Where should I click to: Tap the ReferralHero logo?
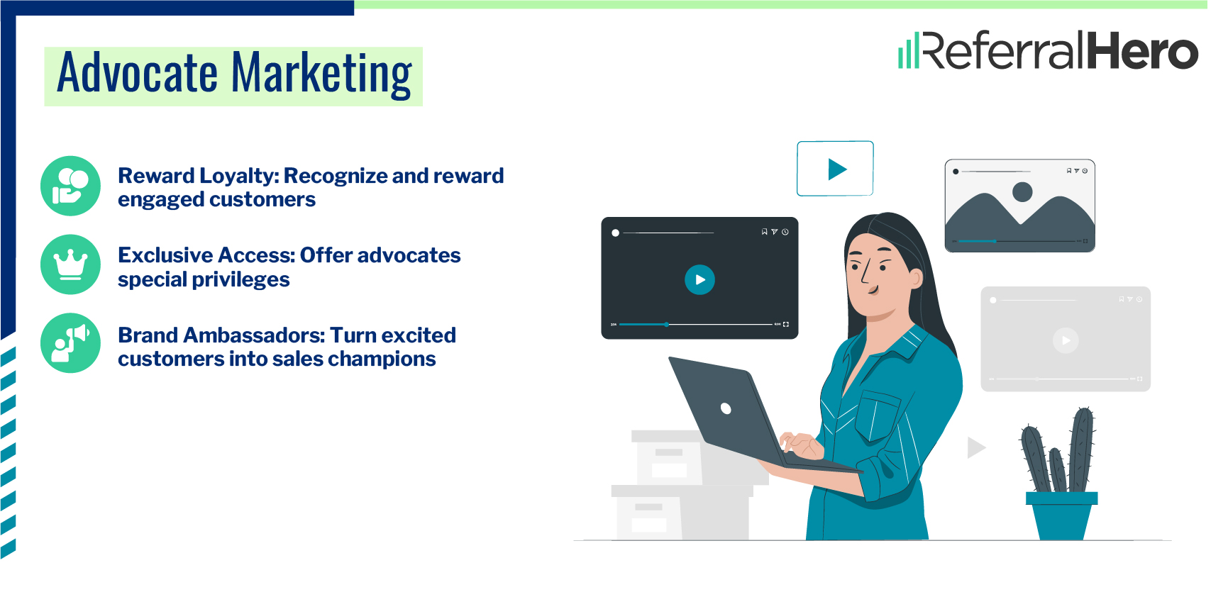click(x=1048, y=50)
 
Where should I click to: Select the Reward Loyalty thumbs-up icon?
click(x=70, y=186)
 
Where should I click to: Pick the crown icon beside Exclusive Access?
click(x=70, y=264)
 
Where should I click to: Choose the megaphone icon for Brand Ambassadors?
click(x=70, y=343)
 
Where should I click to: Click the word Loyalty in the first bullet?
click(x=238, y=176)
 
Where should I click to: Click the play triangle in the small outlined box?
click(x=837, y=169)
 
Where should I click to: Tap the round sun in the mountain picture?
click(x=1022, y=191)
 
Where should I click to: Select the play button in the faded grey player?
click(x=1066, y=340)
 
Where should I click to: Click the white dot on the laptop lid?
click(x=726, y=408)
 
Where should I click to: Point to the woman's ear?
click(x=916, y=277)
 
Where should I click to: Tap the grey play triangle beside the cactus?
click(x=976, y=447)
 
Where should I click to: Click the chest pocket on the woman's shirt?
click(x=877, y=418)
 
